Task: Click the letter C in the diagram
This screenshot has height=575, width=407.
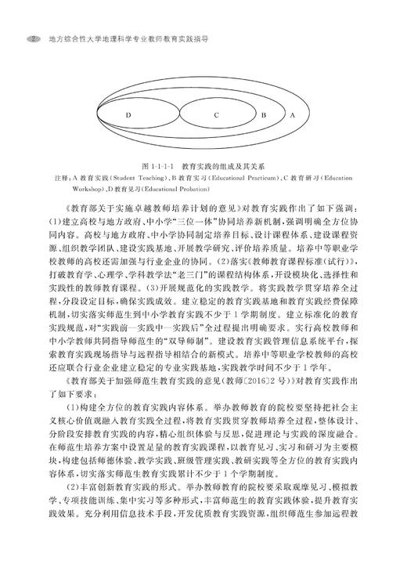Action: (215, 115)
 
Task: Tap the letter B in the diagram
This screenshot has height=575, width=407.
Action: (263, 115)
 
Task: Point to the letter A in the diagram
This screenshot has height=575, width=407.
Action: (293, 115)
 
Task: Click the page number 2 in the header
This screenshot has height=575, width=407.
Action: (34, 37)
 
